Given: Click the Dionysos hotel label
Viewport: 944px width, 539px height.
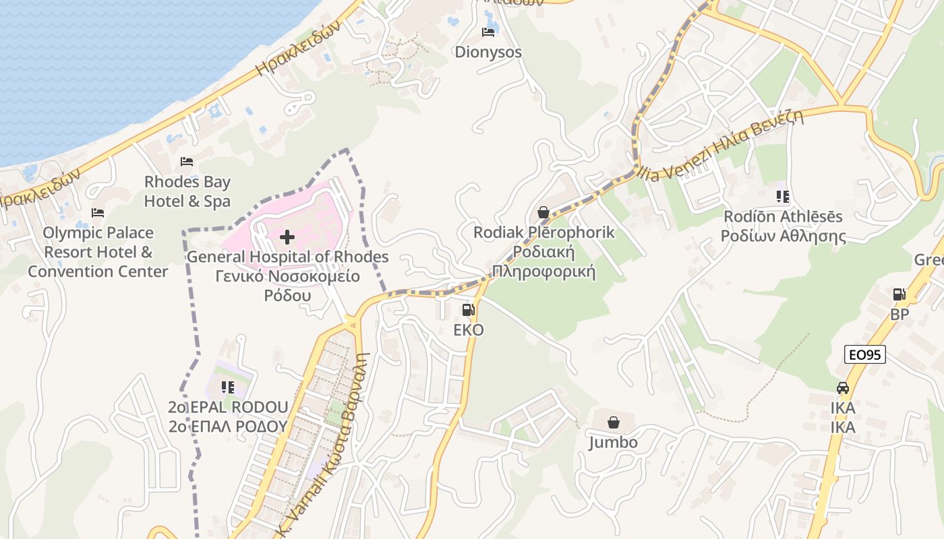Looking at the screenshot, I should [x=488, y=52].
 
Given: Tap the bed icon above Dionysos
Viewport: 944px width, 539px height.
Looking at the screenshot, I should [x=488, y=32].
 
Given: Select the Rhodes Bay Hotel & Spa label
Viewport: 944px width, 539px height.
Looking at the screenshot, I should [x=187, y=191].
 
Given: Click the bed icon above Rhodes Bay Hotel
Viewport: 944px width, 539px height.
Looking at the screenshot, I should [x=187, y=162].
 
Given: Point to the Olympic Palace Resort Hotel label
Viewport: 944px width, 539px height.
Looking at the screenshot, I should [x=98, y=252].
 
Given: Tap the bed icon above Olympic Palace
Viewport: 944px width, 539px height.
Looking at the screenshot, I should [x=98, y=213].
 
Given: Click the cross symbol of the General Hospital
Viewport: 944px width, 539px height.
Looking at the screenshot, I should [x=287, y=236].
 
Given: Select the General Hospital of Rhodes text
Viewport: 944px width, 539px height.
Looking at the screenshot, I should [x=288, y=257].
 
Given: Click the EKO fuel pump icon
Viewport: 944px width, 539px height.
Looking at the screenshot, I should [x=468, y=310].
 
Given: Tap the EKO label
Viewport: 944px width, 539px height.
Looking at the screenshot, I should [x=468, y=330].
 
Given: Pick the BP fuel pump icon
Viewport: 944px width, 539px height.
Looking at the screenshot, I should [x=899, y=294].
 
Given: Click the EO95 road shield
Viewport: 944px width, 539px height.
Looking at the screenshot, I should [x=864, y=354].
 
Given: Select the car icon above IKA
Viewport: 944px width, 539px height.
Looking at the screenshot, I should [x=842, y=388].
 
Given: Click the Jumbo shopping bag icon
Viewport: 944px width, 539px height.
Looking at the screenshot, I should [x=614, y=422].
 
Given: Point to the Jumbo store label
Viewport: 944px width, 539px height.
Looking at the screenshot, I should [x=613, y=443].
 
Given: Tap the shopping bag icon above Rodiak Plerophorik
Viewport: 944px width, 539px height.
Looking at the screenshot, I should [x=543, y=213].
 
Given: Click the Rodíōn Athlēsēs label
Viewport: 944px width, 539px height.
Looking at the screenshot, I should [x=783, y=226].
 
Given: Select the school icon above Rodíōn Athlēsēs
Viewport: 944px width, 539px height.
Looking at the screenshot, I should [x=782, y=197].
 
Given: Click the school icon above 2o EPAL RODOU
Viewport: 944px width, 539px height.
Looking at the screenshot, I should [x=228, y=387].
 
